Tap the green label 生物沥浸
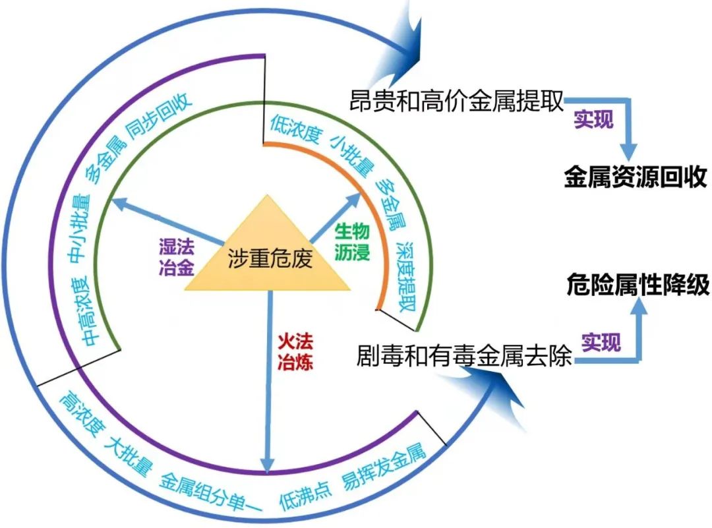(352, 242)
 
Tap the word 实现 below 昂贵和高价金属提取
(593, 119)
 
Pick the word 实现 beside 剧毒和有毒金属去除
(601, 342)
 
